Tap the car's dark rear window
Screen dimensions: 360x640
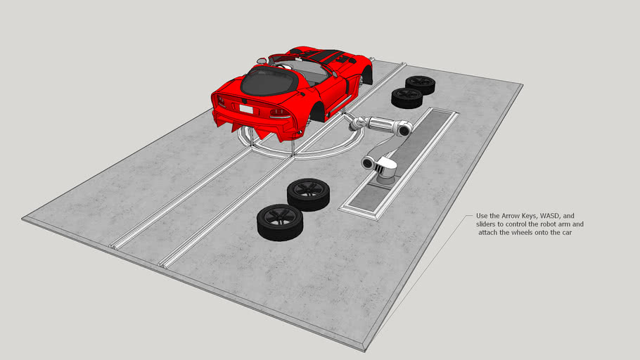(x=267, y=83)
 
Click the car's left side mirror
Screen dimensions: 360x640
(x=262, y=60)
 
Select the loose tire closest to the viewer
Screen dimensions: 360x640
(x=279, y=221)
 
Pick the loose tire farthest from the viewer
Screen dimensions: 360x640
(x=421, y=84)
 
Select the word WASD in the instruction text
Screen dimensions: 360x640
(x=540, y=215)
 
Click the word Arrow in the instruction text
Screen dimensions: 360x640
(x=508, y=215)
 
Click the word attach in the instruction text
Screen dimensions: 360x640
(x=488, y=232)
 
